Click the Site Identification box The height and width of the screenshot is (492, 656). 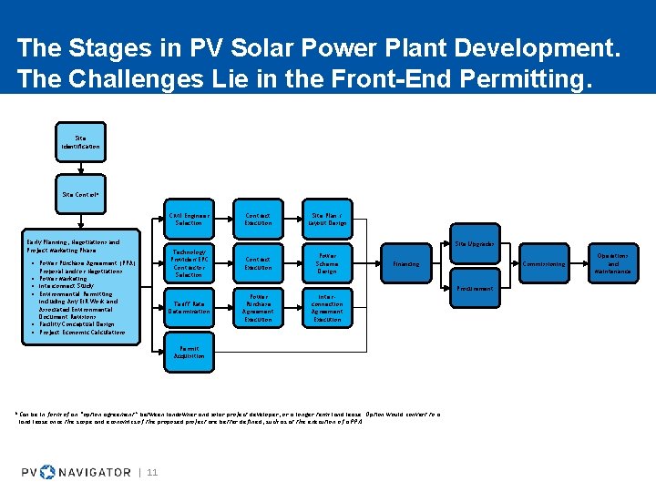coord(80,142)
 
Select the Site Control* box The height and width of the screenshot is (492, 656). coord(80,194)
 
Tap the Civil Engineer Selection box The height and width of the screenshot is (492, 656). coord(189,219)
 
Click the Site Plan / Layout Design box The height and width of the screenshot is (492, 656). coord(326,219)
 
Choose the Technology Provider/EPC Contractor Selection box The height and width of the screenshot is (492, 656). coord(189,262)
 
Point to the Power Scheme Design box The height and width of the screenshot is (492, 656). coord(326,262)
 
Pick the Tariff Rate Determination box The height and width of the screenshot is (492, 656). coord(189,308)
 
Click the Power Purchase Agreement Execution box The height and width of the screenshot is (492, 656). coord(258,308)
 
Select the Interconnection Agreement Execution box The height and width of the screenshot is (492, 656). coord(326,308)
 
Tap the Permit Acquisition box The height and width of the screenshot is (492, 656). coord(189,352)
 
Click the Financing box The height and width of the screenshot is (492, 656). coord(406,264)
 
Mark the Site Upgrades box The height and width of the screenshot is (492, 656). coord(475,243)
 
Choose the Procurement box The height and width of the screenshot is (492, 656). coord(475,288)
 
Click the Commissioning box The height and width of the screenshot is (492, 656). coord(544,264)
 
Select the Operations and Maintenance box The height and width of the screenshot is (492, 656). coord(612,264)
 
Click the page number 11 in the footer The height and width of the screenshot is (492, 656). coord(152,471)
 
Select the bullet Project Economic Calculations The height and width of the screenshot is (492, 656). coord(83,333)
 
